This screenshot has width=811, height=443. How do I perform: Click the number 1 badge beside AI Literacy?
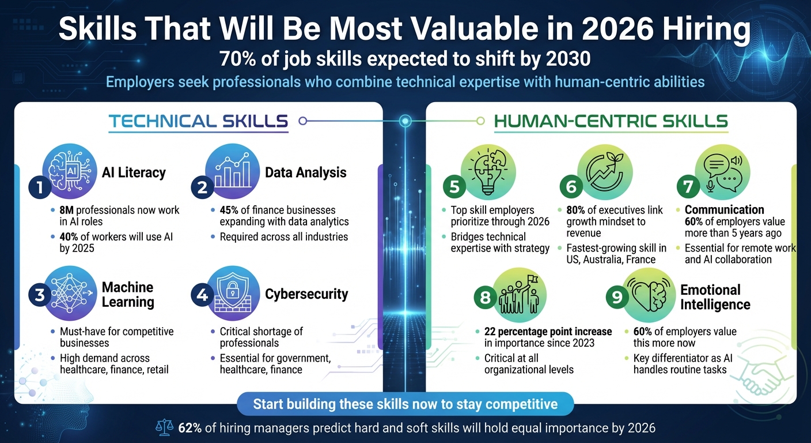tap(39, 187)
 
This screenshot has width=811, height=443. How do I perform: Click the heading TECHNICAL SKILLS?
tap(198, 121)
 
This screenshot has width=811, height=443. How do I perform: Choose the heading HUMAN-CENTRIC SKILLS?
tap(611, 121)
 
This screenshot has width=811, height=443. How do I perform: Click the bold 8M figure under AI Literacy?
tap(67, 210)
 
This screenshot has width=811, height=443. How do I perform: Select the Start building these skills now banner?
tap(405, 404)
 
